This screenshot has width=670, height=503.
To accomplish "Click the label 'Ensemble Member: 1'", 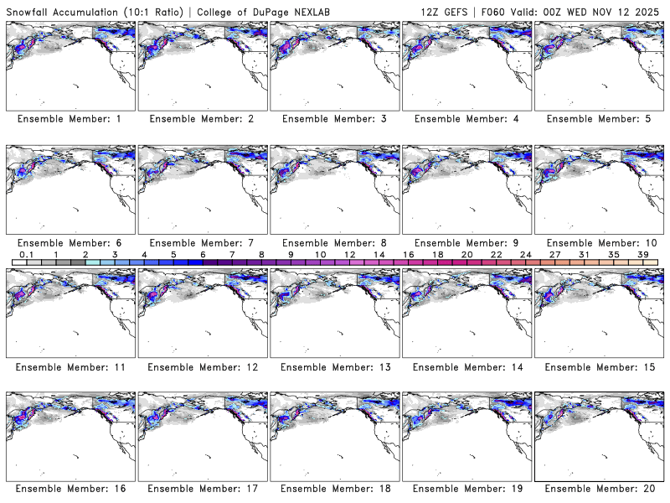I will coord(70,119).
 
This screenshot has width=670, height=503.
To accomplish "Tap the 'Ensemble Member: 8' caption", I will coord(334,243).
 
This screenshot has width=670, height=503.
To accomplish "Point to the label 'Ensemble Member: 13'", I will coord(334,367).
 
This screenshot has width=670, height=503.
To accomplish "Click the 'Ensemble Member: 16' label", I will coord(70,489).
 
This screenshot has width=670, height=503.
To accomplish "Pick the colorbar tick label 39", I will coord(643,254).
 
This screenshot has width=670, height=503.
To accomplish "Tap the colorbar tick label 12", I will coord(349,254).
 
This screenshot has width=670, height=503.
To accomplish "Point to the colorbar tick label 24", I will coord(526,254).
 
